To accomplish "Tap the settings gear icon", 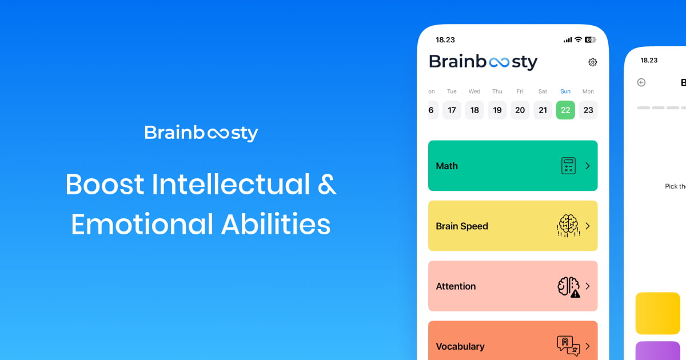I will click(x=593, y=62).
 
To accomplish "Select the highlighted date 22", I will click(x=565, y=110).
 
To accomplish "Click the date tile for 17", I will click(x=452, y=110).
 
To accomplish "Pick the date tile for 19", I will click(x=497, y=110).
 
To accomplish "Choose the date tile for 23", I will click(x=588, y=110).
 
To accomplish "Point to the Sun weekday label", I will click(x=565, y=91).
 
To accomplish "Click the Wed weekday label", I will click(x=474, y=91).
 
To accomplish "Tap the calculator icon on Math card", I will click(x=568, y=166).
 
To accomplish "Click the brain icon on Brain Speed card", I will click(x=568, y=226).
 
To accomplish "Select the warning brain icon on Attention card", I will click(x=568, y=286).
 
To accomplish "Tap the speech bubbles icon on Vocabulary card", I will click(x=568, y=345).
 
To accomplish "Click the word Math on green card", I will click(x=446, y=166).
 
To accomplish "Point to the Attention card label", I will click(x=456, y=286).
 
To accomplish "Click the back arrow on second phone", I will click(x=641, y=82).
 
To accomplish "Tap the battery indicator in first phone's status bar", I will click(x=590, y=40).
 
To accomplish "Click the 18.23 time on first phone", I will click(x=445, y=40).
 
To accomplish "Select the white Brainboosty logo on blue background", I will click(x=201, y=133).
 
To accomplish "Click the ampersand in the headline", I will click(x=326, y=185).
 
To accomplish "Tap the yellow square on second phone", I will click(x=657, y=313).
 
